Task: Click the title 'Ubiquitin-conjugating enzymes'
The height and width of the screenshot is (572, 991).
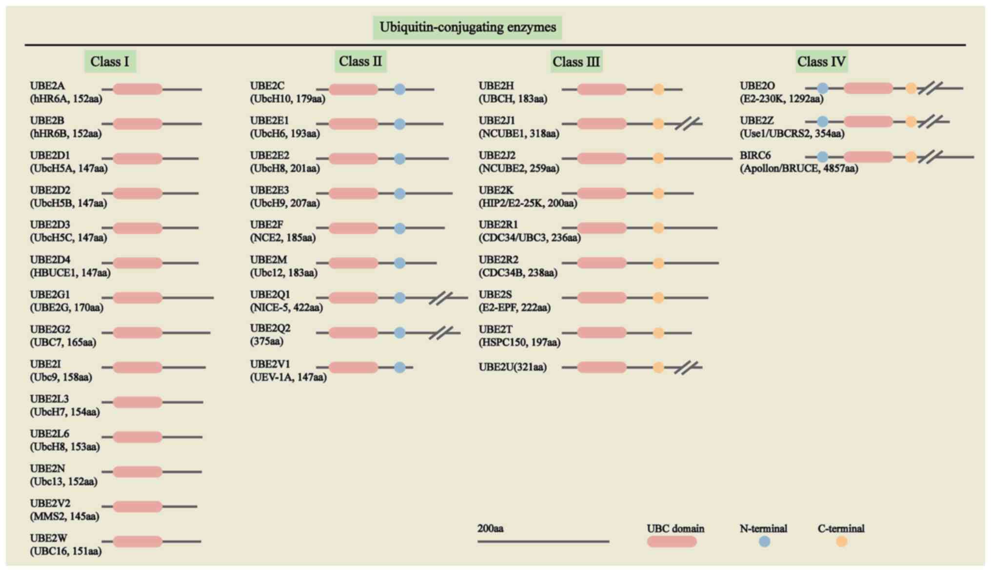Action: click(467, 27)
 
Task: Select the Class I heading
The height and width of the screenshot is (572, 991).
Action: click(110, 62)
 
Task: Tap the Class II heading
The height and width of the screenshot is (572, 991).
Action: click(360, 61)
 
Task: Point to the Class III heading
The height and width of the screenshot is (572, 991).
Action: click(576, 62)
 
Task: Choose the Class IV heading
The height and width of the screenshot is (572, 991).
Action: click(821, 62)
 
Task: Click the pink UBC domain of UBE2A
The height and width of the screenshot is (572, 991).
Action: click(138, 89)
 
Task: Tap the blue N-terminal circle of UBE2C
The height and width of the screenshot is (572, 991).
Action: click(399, 89)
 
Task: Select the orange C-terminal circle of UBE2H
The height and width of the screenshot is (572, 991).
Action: click(658, 89)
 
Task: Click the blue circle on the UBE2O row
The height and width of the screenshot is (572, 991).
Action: click(822, 88)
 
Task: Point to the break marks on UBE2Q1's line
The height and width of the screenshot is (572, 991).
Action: click(441, 298)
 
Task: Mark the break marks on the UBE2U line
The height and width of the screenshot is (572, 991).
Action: click(686, 368)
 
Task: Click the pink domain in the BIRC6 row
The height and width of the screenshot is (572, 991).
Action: click(868, 157)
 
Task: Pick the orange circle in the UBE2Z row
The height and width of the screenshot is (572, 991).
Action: click(911, 122)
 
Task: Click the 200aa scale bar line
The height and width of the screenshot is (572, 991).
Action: click(543, 541)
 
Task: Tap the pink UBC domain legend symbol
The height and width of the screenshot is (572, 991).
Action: click(672, 542)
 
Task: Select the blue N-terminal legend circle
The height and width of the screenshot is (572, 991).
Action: click(764, 542)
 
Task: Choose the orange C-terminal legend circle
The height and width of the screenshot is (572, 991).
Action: click(841, 542)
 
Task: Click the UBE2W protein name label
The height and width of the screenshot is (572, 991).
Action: click(48, 538)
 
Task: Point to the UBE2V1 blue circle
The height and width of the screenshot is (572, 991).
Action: click(399, 368)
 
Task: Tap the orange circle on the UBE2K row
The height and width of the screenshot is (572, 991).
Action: click(658, 193)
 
